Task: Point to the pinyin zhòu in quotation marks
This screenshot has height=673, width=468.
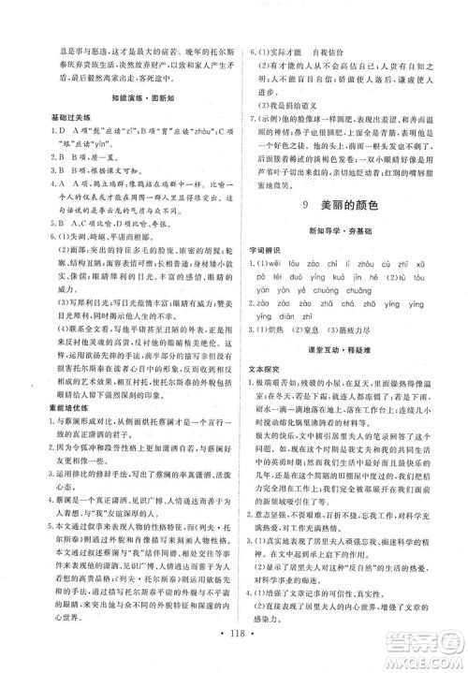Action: point(188,138)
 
